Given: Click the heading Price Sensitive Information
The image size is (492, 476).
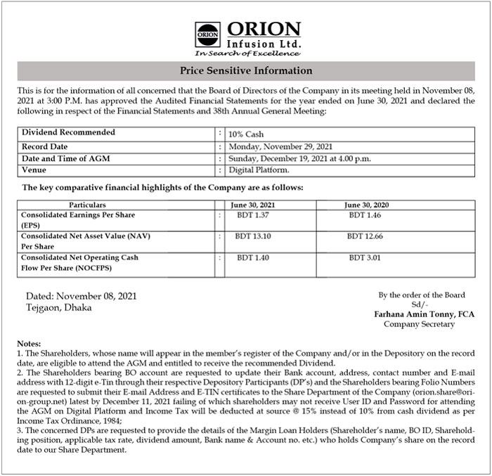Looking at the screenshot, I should pos(246,71).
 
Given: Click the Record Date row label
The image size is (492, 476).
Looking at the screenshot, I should pos(46,146).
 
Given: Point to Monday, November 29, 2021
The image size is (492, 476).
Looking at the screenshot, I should pos(280,146).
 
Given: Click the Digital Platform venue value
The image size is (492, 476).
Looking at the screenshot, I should pos(258,170).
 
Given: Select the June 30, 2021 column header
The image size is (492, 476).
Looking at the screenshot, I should pos(253,204).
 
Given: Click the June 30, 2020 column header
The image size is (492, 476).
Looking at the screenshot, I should pos(366,204).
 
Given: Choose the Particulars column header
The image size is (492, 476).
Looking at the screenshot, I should pos(92,204).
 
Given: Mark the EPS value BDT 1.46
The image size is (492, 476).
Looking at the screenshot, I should pos(365,214).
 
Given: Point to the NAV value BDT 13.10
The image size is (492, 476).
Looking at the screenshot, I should pos(253,236).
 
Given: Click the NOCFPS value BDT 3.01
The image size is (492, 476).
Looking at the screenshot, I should pos(365,258).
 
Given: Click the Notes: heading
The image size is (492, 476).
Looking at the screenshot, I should pos(29,342).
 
